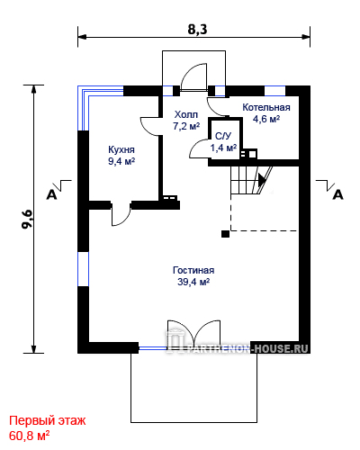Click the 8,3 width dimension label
tap(197, 30)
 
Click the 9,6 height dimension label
tap(27, 220)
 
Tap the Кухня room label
tap(121, 149)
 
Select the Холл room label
tap(186, 114)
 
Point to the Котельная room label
tap(266, 107)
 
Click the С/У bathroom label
tap(223, 136)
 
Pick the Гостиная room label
tap(193, 270)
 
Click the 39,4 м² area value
tap(193, 282)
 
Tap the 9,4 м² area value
tap(121, 161)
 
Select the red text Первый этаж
tap(48, 420)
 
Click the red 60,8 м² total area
tap(30, 436)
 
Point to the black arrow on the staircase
tap(262, 180)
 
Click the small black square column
tap(225, 234)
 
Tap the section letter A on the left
tap(51, 195)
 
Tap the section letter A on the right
tap(338, 195)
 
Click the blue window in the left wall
tap(84, 269)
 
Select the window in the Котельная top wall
tap(274, 91)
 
